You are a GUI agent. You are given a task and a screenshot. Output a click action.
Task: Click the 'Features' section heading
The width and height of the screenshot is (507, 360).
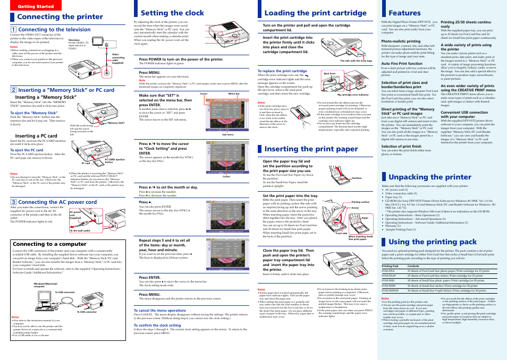click(x=404, y=13)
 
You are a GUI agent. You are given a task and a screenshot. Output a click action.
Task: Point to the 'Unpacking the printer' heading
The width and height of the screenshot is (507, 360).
click(x=430, y=177)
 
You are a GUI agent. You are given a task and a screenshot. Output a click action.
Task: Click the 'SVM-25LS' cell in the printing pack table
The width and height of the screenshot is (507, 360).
click(x=389, y=271)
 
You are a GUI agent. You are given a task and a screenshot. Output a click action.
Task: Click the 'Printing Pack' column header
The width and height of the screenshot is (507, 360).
click(x=390, y=265)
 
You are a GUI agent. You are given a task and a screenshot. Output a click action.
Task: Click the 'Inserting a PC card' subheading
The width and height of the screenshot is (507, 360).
click(x=33, y=136)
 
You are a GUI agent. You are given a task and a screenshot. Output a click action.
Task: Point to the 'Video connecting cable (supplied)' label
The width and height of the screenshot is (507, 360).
click(x=115, y=57)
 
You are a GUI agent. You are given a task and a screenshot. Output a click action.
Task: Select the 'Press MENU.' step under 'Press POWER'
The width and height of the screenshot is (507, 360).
click(x=150, y=72)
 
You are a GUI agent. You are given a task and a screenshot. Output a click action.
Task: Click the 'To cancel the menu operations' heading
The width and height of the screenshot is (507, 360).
click(x=159, y=310)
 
